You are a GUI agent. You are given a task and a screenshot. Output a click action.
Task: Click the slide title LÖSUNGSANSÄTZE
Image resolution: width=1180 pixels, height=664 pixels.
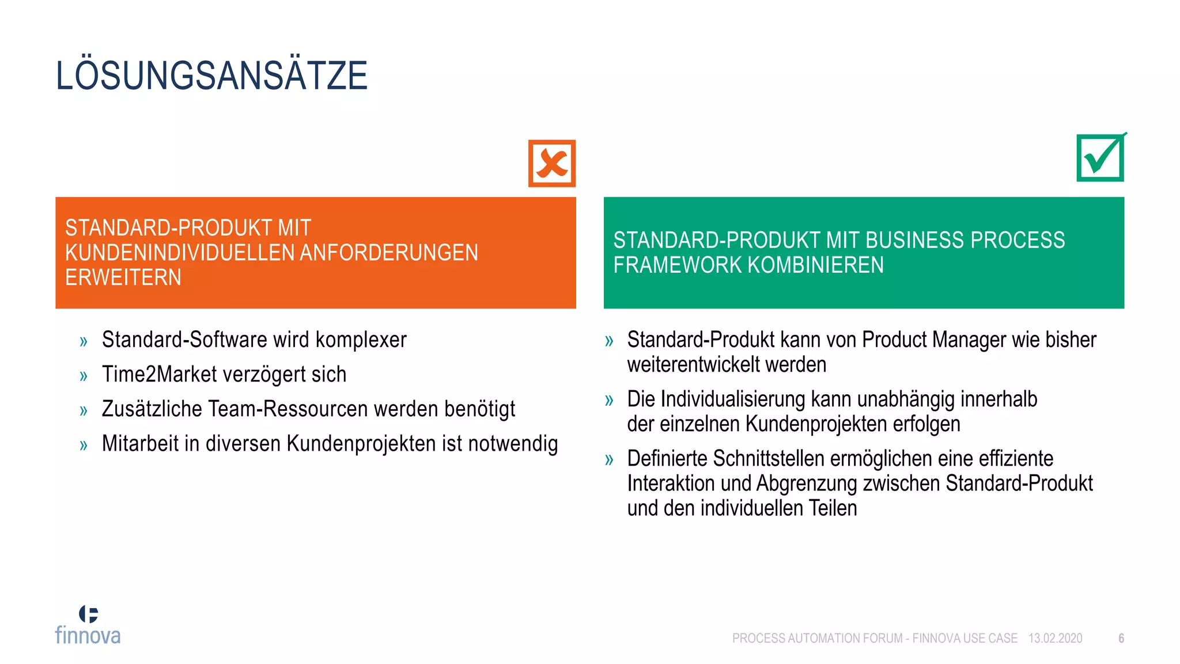click(x=211, y=76)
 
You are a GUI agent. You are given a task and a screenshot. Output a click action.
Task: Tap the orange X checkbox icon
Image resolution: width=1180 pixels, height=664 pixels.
click(x=552, y=163)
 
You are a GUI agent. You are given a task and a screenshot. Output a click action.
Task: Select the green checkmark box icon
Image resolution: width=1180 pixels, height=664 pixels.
click(x=1100, y=157)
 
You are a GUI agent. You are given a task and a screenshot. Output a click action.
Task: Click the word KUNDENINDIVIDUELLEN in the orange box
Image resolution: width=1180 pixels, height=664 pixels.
click(x=179, y=252)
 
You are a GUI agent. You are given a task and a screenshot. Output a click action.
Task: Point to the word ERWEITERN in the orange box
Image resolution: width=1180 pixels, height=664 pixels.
click(x=123, y=277)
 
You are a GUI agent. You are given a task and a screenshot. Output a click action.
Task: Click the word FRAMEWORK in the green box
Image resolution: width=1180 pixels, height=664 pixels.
click(x=678, y=265)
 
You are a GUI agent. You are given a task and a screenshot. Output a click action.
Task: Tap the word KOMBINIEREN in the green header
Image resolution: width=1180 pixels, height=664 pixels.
click(x=816, y=265)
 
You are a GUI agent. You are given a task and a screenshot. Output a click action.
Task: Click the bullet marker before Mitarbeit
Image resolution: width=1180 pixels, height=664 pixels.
click(x=84, y=445)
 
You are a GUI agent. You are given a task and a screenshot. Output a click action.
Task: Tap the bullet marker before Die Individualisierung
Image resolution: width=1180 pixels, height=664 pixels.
click(x=609, y=400)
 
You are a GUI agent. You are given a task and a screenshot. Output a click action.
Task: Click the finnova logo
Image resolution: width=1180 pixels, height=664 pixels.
click(x=88, y=625)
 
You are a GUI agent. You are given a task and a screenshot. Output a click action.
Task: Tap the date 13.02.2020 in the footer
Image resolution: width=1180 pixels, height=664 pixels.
click(x=1055, y=639)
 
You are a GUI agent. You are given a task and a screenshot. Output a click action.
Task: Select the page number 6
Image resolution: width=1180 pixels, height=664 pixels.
click(x=1121, y=639)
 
